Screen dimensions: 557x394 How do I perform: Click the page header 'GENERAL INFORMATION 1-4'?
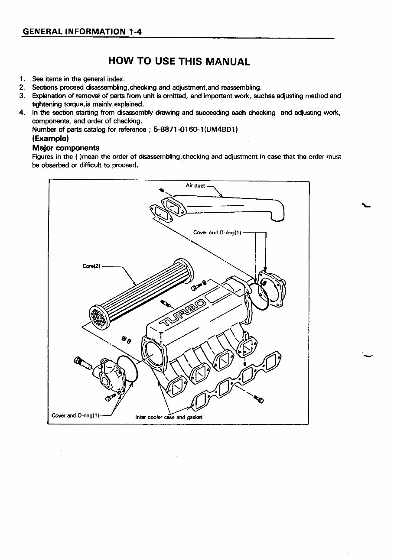82,32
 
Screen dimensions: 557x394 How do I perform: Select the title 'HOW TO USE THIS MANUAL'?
179,61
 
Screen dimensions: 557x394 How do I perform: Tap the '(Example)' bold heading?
50,139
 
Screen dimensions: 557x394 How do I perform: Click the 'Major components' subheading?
65,148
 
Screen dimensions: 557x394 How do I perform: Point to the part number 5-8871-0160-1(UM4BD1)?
196,130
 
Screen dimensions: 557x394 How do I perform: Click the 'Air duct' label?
195,185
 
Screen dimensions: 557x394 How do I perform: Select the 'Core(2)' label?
91,266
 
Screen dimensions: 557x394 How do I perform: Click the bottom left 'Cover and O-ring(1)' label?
75,415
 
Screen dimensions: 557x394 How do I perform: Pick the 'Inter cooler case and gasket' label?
169,418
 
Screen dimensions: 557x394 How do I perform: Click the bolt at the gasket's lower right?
260,399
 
